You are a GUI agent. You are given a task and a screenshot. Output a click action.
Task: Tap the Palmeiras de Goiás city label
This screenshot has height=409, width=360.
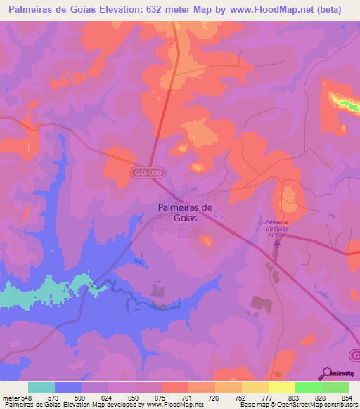click(185, 213)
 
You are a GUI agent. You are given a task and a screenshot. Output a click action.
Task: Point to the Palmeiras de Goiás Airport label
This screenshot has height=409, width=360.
click(275, 231)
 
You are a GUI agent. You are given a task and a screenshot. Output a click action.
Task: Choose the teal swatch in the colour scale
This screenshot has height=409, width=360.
click(41, 387)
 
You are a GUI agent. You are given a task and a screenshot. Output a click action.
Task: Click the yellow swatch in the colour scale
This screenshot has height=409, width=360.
click(281, 387)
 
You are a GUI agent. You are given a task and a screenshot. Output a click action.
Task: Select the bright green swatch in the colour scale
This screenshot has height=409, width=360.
click(308, 387)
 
